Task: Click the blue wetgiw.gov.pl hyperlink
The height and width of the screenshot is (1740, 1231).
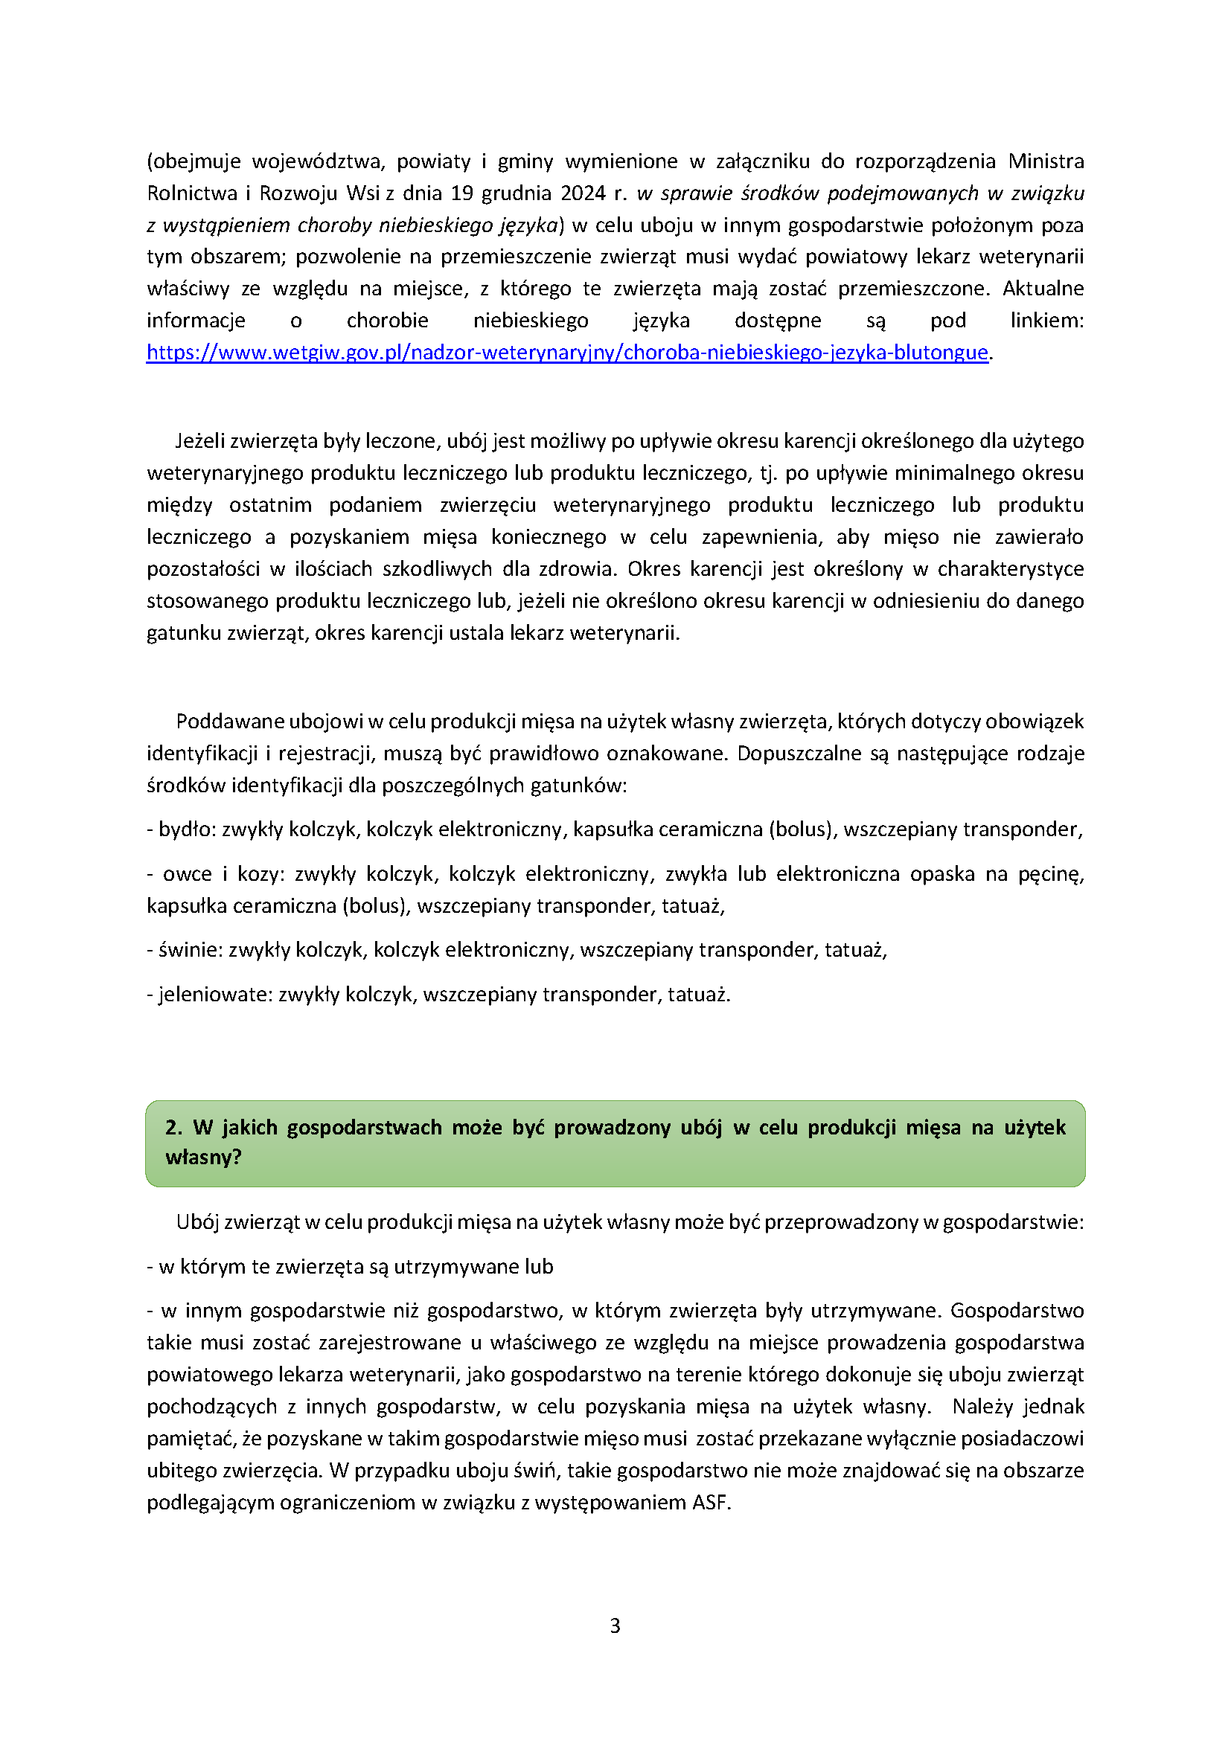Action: [x=567, y=353]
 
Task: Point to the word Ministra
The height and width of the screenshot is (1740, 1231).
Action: [x=1045, y=161]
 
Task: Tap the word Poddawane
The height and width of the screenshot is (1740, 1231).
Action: [x=219, y=722]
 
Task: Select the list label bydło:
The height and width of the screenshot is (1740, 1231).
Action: [x=188, y=830]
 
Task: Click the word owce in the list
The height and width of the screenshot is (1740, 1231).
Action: [x=188, y=875]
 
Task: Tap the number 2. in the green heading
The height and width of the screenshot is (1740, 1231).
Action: [x=173, y=1128]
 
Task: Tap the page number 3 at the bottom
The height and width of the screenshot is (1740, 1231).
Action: [x=615, y=1625]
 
